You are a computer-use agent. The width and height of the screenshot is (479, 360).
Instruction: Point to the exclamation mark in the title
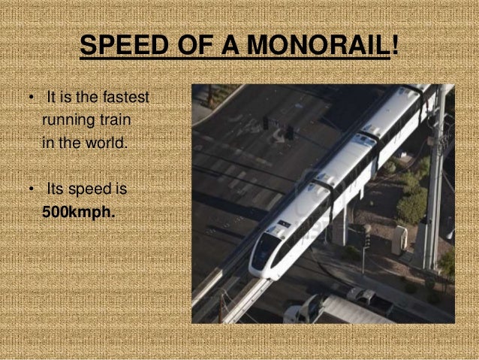pyautogui.click(x=395, y=47)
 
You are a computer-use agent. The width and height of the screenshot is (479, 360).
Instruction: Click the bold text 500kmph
pyautogui.click(x=79, y=211)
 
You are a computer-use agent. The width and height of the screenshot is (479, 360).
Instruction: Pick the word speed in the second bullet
pyautogui.click(x=93, y=189)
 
